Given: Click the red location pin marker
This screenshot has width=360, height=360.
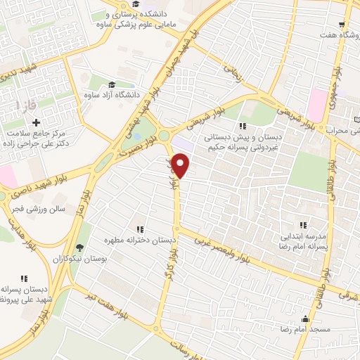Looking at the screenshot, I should pos(181,167).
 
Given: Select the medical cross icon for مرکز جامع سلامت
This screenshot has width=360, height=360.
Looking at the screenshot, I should pos(35,122).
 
